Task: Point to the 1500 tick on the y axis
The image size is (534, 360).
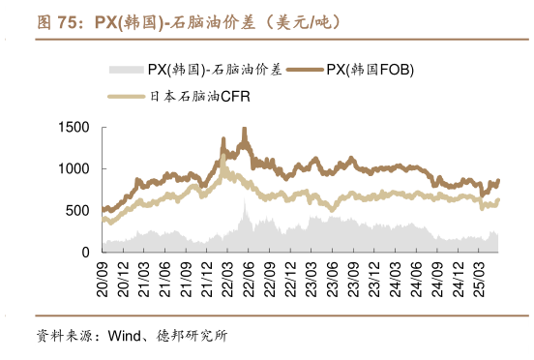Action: coord(74,128)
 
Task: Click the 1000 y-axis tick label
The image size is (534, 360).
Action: coord(74,169)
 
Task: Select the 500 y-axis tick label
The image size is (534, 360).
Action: coord(77,210)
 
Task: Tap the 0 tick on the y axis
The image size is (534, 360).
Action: coord(85,252)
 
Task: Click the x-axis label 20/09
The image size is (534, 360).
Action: coord(102,274)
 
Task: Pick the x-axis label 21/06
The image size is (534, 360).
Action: coord(164,274)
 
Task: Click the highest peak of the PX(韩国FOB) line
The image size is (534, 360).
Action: coord(244,130)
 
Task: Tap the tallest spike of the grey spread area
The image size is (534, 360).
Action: coord(245,203)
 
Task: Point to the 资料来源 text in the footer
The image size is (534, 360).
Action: coord(60,338)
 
